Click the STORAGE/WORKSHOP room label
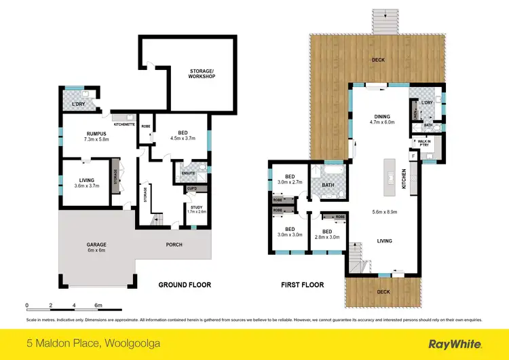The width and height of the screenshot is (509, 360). click(x=202, y=73)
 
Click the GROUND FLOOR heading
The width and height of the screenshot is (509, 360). click(x=184, y=285)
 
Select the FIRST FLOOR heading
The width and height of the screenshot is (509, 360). click(x=301, y=285)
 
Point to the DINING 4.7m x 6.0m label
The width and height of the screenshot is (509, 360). click(x=381, y=119)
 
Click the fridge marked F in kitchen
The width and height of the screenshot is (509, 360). click(x=413, y=156)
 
